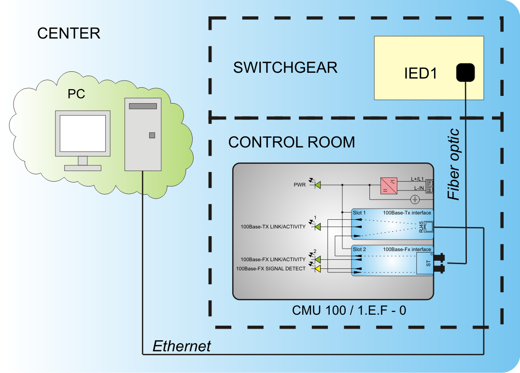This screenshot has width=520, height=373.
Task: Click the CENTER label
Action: point(69,33)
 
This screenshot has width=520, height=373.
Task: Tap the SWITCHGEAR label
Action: point(285,67)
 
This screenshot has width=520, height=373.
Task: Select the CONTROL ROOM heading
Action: point(291,142)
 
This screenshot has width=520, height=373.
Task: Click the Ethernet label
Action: point(182,346)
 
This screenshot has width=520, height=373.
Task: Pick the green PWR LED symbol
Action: point(318,185)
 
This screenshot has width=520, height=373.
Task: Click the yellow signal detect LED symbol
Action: point(318,268)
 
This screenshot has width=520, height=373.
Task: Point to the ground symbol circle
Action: point(414,199)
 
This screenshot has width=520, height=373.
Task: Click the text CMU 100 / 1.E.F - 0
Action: point(349,310)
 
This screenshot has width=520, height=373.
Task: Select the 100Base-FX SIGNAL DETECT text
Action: point(270,269)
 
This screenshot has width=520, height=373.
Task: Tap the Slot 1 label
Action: point(360,213)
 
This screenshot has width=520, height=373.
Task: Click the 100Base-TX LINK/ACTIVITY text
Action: point(273,226)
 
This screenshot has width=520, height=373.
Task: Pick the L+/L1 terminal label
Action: point(417,179)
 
